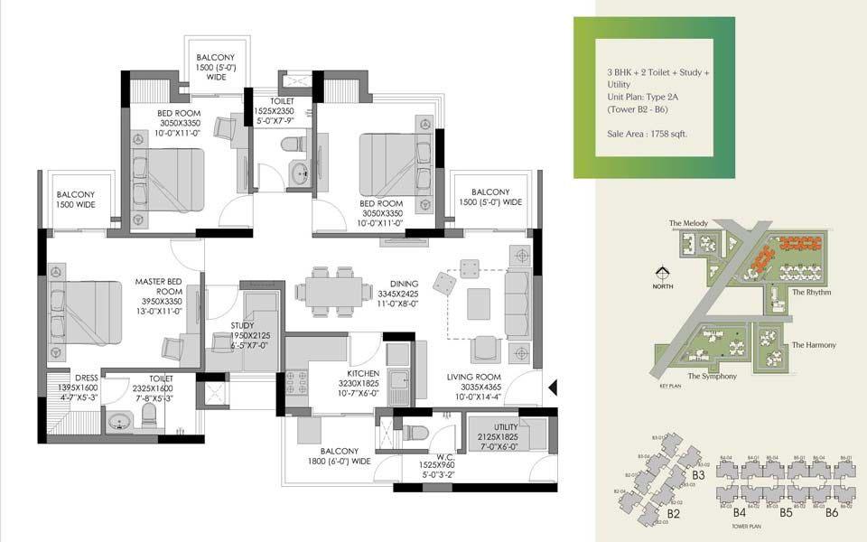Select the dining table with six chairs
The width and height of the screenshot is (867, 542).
337,291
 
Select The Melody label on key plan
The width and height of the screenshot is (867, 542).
687,223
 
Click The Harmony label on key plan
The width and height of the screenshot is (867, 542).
814,345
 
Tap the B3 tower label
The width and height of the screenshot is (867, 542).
698,473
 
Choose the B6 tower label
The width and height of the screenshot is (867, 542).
831,512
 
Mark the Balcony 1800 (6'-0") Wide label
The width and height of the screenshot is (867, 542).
340,456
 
